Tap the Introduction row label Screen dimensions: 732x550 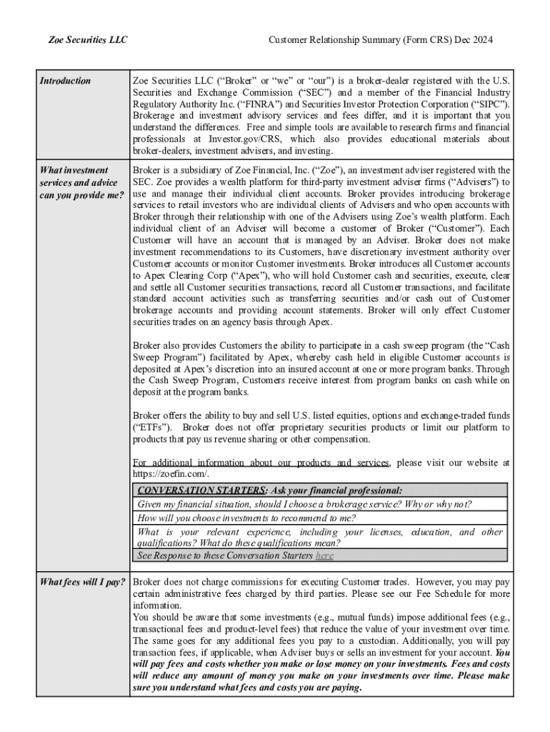[x=65, y=81]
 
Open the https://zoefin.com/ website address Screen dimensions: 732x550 [x=170, y=475]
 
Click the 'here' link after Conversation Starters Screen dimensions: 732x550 [x=324, y=555]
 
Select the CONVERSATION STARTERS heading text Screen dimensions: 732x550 [x=202, y=490]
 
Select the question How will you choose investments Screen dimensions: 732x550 [x=246, y=518]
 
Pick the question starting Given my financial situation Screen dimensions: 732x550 [x=304, y=504]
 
